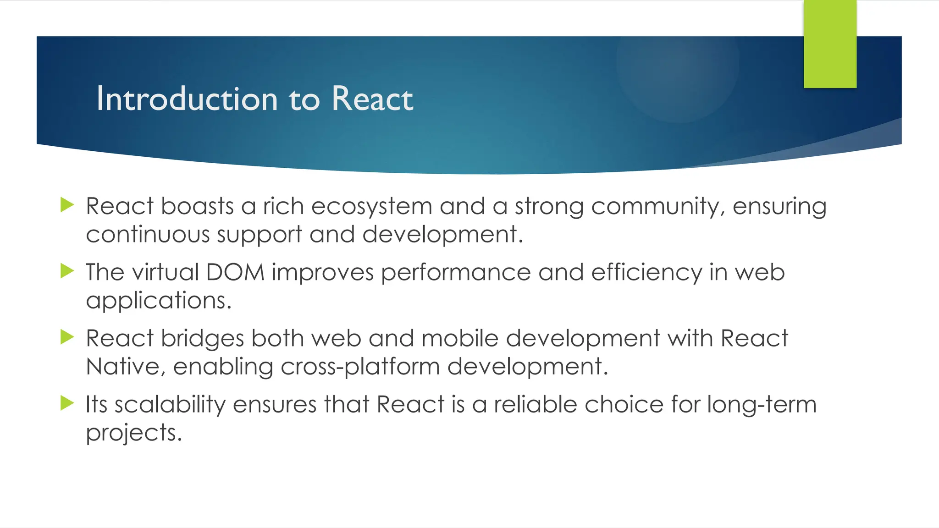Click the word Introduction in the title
click(187, 99)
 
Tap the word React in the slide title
click(372, 99)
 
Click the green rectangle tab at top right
click(830, 44)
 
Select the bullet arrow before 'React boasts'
click(67, 205)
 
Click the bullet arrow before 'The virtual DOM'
click(67, 271)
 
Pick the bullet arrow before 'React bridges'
click(67, 337)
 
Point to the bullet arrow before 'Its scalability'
click(67, 403)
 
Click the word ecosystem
click(371, 207)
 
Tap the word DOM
click(235, 272)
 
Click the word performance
click(456, 272)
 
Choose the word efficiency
click(646, 273)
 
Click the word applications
click(159, 301)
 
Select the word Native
click(123, 367)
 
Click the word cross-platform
click(360, 367)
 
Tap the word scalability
click(170, 405)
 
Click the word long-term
click(762, 405)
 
